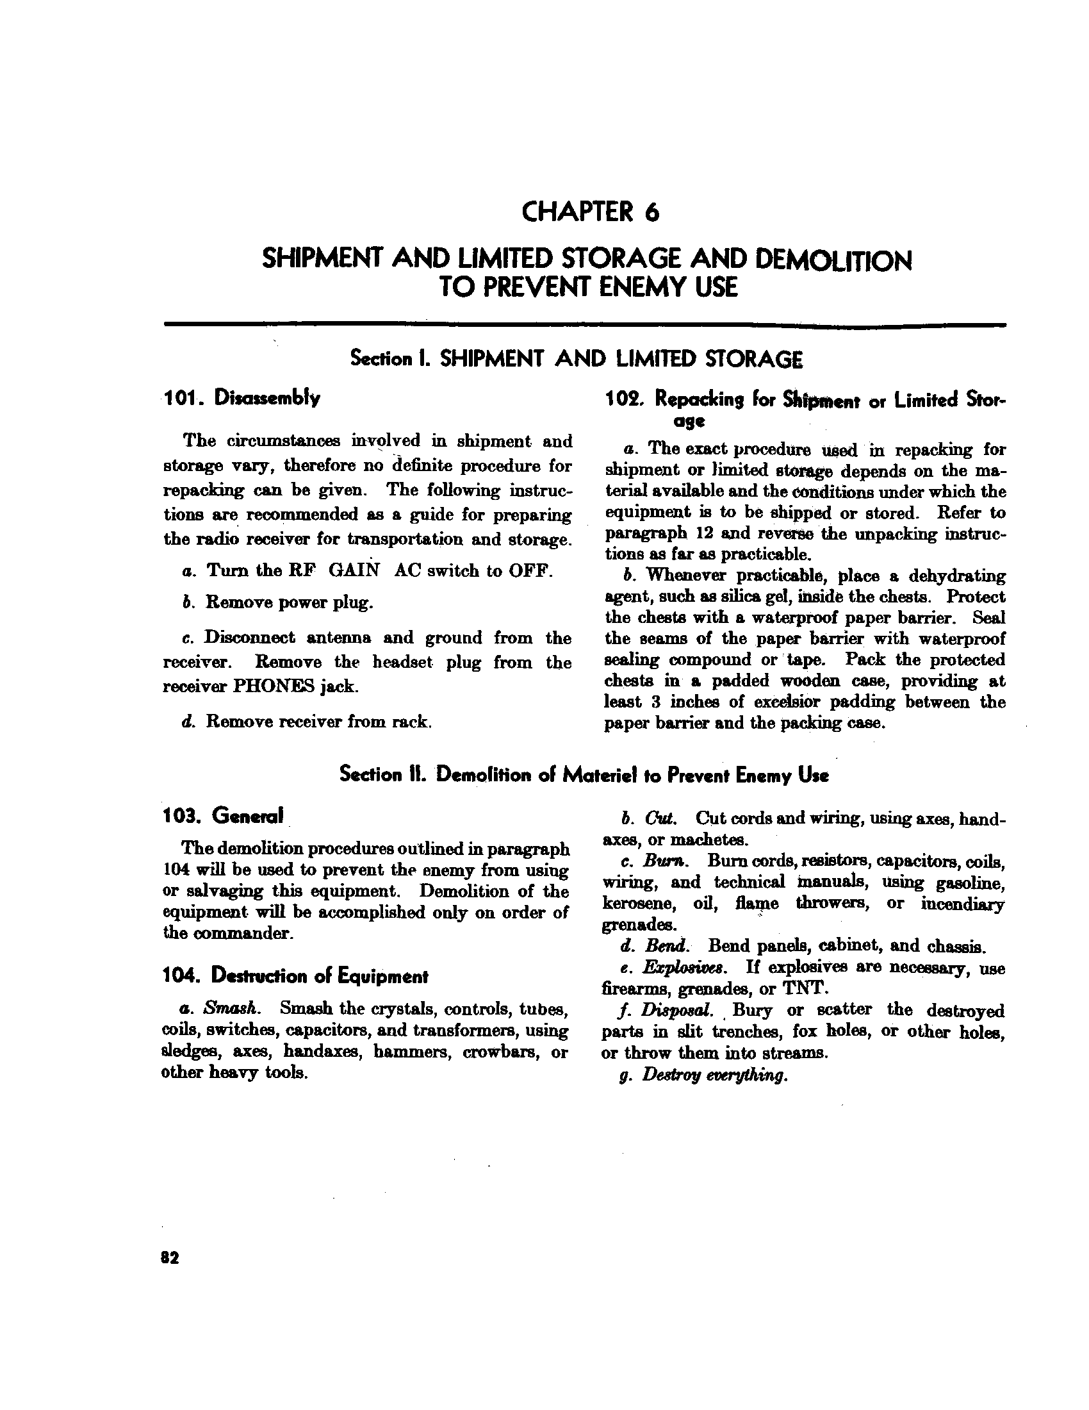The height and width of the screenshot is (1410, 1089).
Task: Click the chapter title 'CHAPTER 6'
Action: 591,212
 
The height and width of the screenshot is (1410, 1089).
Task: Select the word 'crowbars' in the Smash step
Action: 496,1052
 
